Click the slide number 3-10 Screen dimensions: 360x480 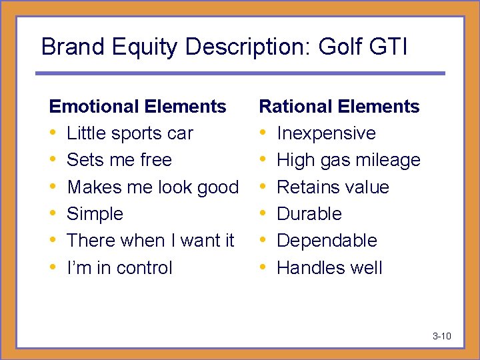click(x=442, y=336)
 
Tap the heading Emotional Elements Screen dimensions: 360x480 click(x=138, y=107)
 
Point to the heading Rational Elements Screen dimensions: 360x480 click(x=339, y=107)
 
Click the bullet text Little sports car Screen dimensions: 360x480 click(x=130, y=133)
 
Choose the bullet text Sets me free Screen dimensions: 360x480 click(x=119, y=160)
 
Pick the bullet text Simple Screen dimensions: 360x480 click(x=95, y=214)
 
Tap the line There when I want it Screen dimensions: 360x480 click(x=151, y=241)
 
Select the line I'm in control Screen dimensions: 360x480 click(x=119, y=268)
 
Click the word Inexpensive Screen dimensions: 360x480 click(x=326, y=133)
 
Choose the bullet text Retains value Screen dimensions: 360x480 click(x=333, y=187)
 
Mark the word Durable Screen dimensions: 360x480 click(x=309, y=214)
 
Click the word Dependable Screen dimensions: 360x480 click(x=327, y=241)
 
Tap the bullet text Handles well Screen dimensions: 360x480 click(x=329, y=268)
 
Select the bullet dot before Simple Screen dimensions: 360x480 click(x=53, y=214)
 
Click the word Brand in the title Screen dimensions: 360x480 click(x=67, y=47)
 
